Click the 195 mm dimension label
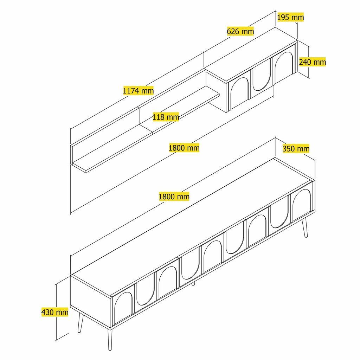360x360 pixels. (290, 17)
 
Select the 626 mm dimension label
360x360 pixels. (240, 31)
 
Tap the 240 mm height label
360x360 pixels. (312, 62)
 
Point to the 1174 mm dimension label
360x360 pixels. (138, 91)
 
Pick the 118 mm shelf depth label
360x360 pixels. (166, 117)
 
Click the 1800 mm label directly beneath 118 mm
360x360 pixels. (184, 148)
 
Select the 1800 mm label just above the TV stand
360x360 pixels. (174, 197)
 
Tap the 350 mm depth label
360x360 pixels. (296, 148)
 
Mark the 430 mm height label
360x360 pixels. (54, 312)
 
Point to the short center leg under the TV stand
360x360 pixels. (193, 283)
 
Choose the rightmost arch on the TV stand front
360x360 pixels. (301, 204)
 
